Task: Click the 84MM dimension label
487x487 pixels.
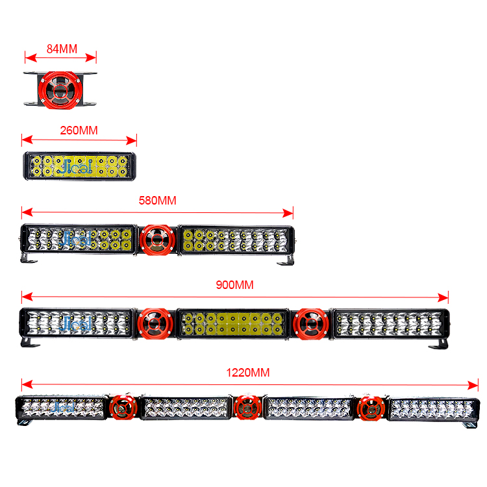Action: tap(62, 48)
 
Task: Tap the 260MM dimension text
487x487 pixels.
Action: tap(78, 130)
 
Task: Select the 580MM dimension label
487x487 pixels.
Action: tap(157, 200)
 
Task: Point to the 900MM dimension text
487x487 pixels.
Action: tap(234, 285)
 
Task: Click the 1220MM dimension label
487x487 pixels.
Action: tap(247, 372)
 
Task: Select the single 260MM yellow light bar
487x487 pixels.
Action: tap(79, 166)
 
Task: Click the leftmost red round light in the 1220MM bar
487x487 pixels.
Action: tap(121, 408)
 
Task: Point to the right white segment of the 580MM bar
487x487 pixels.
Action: tap(234, 240)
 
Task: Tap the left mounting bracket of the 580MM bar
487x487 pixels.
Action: tap(29, 258)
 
